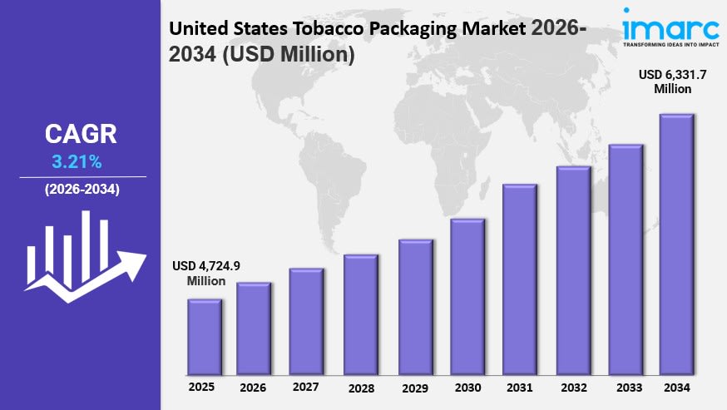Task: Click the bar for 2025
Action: [x=205, y=337]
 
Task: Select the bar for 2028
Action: [x=361, y=315]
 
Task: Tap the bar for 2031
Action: [x=520, y=279]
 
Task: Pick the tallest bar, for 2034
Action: [x=676, y=245]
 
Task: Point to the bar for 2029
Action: [x=415, y=308]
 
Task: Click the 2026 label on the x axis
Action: [x=253, y=388]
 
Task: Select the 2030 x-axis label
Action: [x=467, y=388]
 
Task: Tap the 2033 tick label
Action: [x=629, y=388]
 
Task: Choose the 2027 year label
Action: [x=305, y=387]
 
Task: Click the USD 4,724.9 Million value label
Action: [x=206, y=273]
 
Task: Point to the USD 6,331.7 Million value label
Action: [x=672, y=82]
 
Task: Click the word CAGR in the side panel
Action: [x=81, y=134]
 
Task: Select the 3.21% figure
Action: [x=77, y=162]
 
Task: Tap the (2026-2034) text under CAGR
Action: [x=82, y=190]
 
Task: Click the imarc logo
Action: [x=671, y=27]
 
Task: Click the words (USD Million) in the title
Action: [x=289, y=54]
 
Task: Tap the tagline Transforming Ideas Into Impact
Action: [x=671, y=45]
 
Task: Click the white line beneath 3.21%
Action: [x=83, y=176]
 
